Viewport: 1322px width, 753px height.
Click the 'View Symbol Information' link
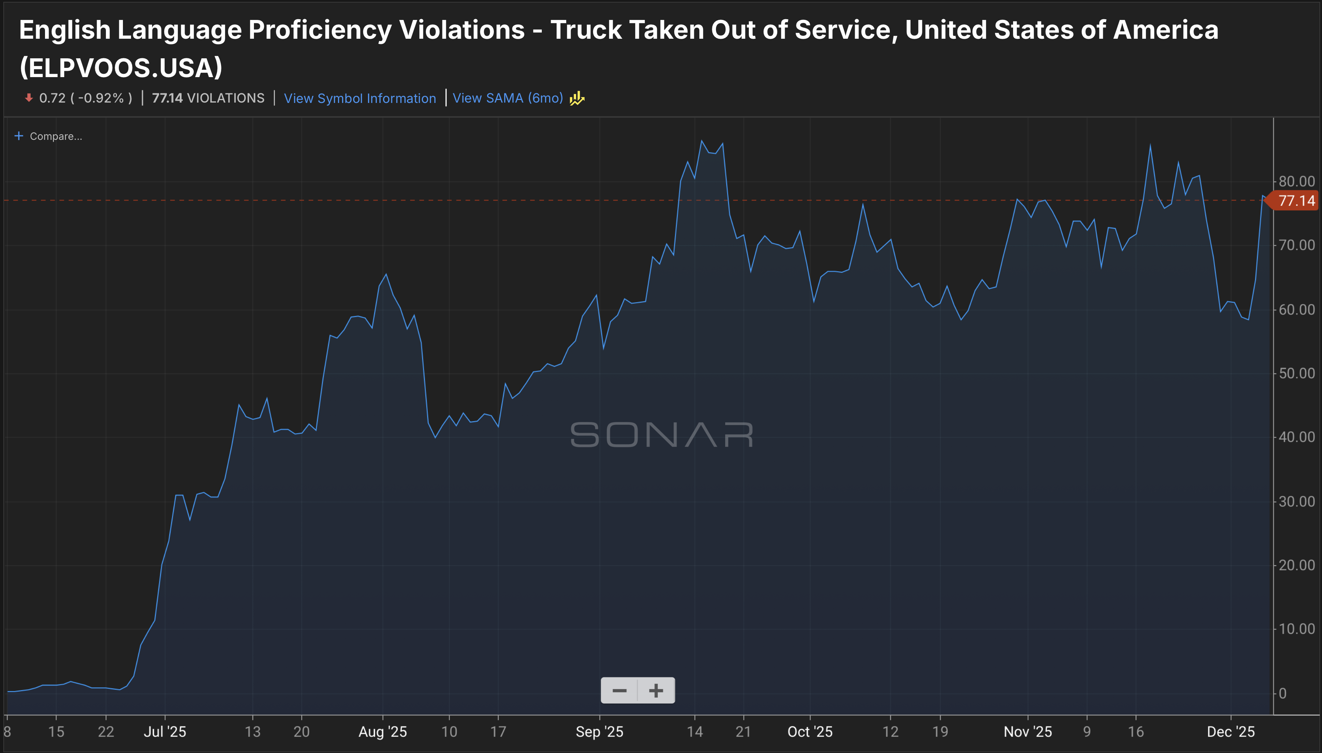tap(359, 98)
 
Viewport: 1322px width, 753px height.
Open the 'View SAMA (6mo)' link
tap(507, 98)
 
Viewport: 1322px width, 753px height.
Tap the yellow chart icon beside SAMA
tap(577, 98)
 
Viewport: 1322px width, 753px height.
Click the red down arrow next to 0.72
tap(29, 98)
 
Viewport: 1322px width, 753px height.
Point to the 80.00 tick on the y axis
tap(1296, 182)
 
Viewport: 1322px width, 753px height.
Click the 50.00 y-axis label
tap(1296, 373)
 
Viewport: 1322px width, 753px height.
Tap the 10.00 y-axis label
tap(1296, 629)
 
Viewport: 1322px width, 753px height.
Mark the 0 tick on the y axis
tap(1283, 694)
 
